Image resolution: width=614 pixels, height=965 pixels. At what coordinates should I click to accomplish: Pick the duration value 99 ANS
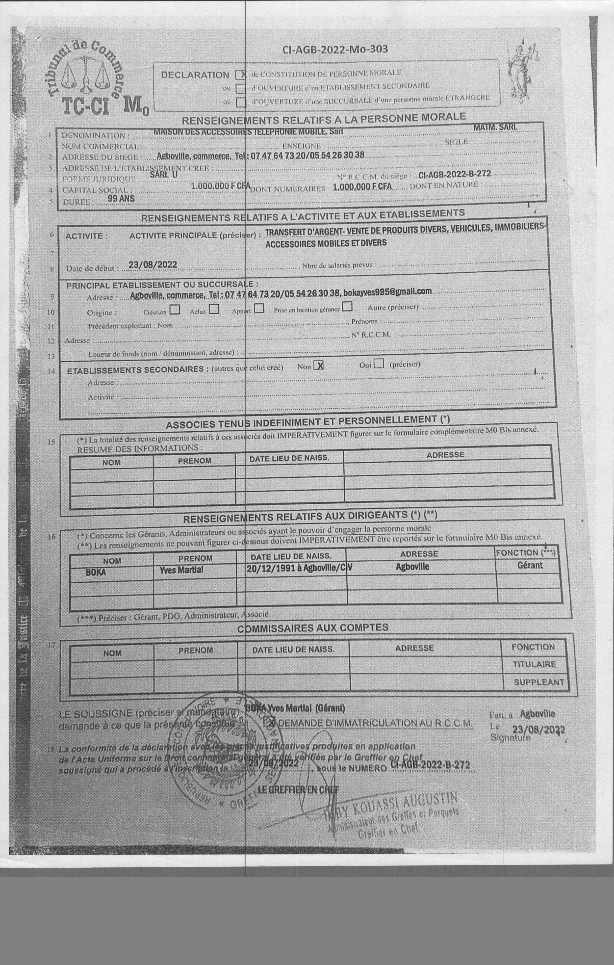pyautogui.click(x=121, y=198)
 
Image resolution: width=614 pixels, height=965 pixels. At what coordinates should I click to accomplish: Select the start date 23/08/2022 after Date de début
pyautogui.click(x=153, y=264)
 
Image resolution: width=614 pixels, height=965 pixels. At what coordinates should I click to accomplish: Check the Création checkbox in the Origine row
pyautogui.click(x=175, y=310)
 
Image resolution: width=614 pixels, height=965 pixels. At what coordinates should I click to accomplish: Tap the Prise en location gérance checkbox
pyautogui.click(x=347, y=307)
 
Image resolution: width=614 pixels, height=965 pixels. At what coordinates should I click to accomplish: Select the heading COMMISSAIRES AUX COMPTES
pyautogui.click(x=313, y=627)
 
